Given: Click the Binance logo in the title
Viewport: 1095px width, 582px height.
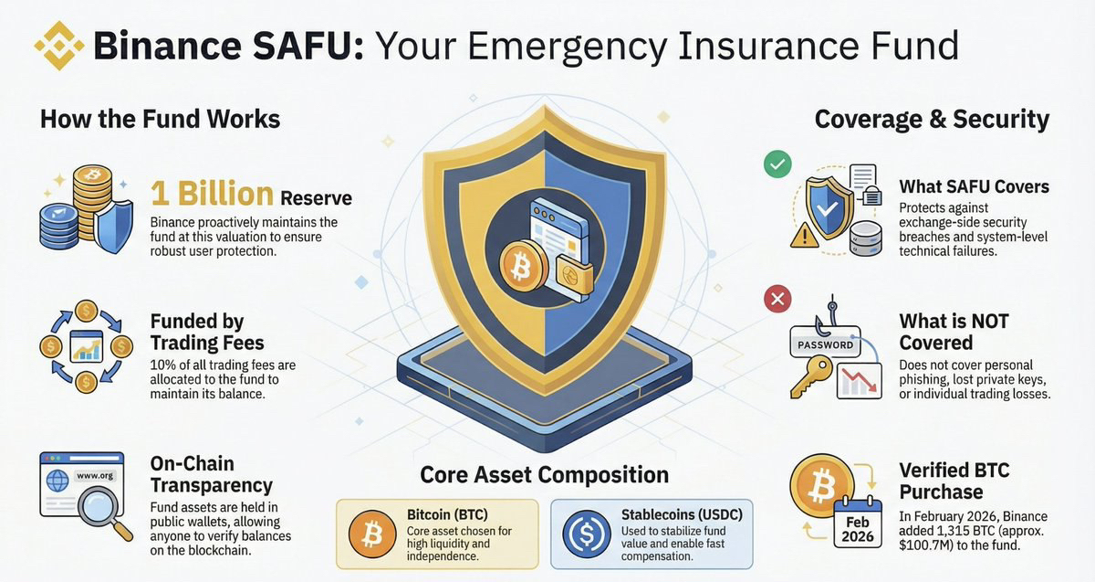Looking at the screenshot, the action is (58, 46).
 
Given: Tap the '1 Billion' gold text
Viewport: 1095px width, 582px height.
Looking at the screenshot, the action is (212, 194).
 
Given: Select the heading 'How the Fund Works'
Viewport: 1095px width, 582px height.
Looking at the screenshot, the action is (161, 119).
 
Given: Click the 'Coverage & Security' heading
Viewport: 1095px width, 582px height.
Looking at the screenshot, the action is (932, 120).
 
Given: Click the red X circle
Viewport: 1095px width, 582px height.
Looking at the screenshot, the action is (777, 299).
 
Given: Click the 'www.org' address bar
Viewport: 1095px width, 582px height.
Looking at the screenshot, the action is (95, 475).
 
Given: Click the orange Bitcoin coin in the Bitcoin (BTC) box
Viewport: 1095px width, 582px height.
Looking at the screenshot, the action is (372, 534).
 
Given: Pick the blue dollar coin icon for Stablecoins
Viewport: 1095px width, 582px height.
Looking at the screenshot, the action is (586, 534).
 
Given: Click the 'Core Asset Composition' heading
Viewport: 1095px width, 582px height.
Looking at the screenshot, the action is (544, 475).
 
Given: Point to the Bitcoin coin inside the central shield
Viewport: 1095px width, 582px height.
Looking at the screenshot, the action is (523, 266).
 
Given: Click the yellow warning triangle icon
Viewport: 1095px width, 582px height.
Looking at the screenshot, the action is (804, 236).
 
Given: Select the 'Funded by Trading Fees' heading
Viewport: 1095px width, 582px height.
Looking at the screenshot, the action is (207, 333).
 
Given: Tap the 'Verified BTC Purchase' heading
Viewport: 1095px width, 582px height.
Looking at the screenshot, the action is (954, 481).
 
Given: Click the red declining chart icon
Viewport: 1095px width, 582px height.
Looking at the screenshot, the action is (859, 381).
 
